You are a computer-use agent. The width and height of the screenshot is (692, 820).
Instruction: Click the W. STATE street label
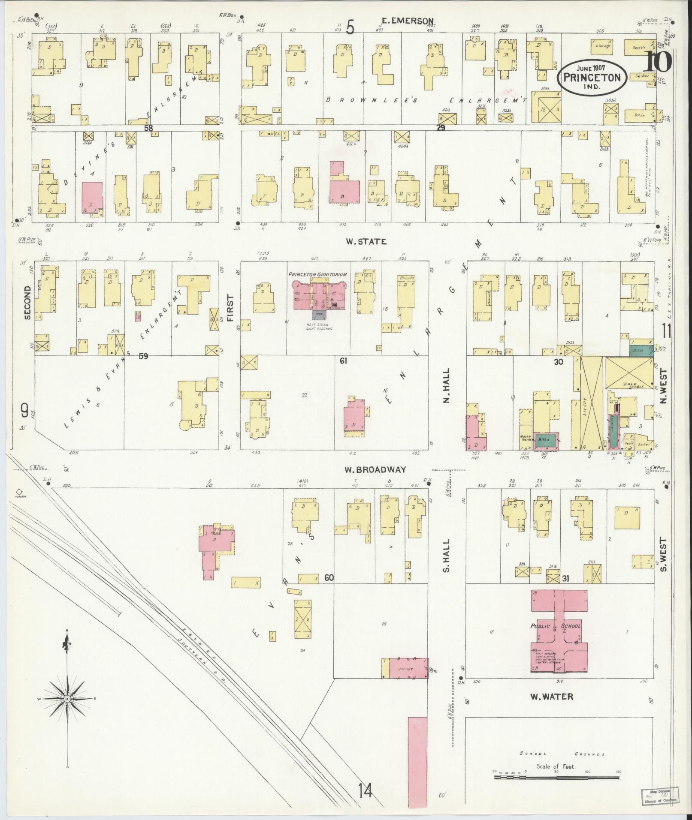[366, 242]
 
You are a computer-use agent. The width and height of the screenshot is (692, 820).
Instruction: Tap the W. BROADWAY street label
[375, 470]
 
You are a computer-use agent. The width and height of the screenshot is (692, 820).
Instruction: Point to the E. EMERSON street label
[408, 21]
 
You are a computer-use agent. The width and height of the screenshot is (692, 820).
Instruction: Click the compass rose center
[67, 699]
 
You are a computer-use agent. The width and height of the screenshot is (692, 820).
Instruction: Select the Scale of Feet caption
[556, 766]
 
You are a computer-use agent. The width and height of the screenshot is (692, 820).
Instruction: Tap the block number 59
[143, 355]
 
